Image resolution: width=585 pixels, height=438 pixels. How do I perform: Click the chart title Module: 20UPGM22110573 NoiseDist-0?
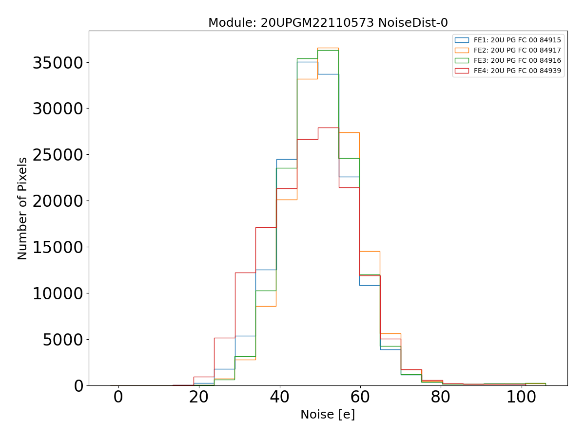[328, 23]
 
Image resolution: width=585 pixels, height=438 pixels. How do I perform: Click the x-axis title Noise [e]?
[328, 415]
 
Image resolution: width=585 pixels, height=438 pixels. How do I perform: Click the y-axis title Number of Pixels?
[23, 208]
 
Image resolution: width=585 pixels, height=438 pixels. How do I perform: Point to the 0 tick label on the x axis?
[118, 397]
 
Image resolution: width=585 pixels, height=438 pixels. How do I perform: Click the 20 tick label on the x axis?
[198, 397]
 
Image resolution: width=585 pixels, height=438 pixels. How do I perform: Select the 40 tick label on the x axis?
[279, 397]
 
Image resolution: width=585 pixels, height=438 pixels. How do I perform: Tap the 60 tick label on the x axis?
[360, 397]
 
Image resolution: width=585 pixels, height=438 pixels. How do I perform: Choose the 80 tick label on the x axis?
[441, 397]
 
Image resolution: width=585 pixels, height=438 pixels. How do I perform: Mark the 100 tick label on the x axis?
[521, 397]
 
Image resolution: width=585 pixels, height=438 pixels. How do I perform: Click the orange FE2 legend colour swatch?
[462, 50]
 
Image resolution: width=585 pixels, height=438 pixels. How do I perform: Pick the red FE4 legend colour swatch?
[462, 71]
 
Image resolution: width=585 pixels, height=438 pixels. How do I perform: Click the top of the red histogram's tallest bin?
[328, 128]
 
